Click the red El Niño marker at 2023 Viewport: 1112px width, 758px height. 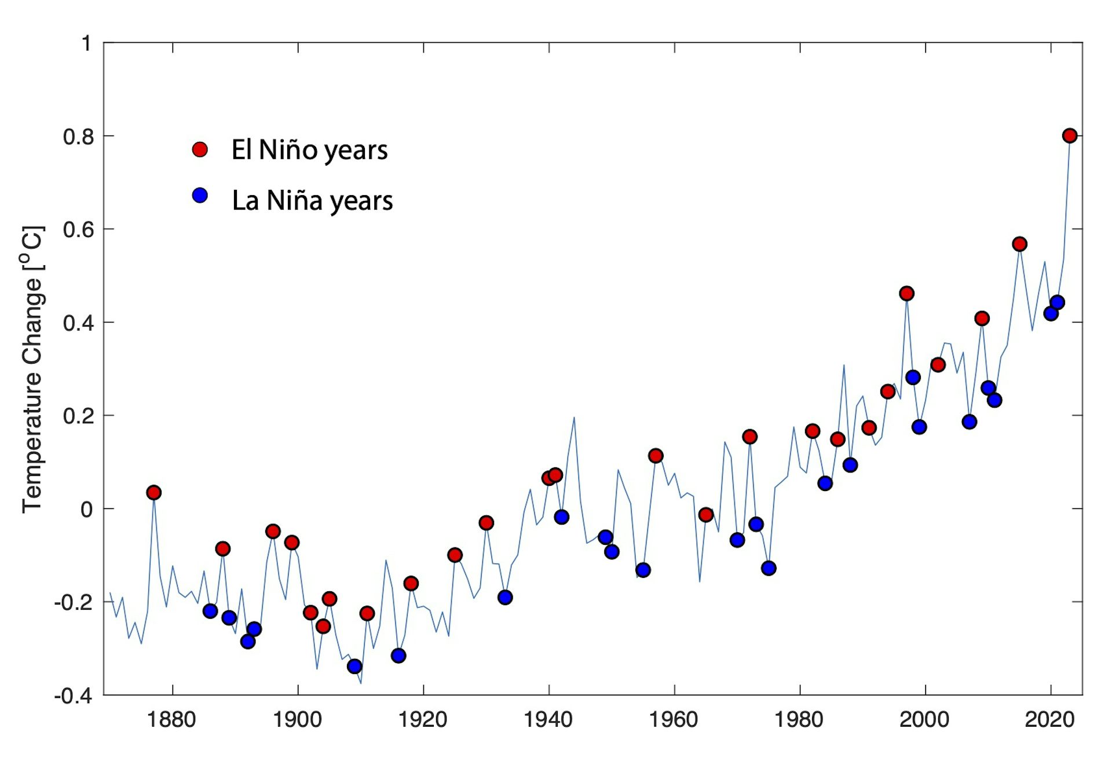pyautogui.click(x=1069, y=136)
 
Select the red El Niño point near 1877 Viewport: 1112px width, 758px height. pyautogui.click(x=153, y=493)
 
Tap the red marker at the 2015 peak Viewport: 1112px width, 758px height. pyautogui.click(x=1019, y=244)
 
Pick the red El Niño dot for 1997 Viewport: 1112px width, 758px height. pyautogui.click(x=906, y=294)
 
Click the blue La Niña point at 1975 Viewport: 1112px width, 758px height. pyautogui.click(x=769, y=568)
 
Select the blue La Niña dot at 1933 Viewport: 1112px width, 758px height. pyautogui.click(x=505, y=597)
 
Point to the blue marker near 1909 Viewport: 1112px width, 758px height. pyautogui.click(x=354, y=667)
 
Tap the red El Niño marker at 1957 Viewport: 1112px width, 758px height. pyautogui.click(x=656, y=456)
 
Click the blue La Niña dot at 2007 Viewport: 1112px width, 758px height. pyautogui.click(x=969, y=422)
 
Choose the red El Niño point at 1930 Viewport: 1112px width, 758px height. pyautogui.click(x=487, y=523)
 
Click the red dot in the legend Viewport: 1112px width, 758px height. pyautogui.click(x=200, y=149)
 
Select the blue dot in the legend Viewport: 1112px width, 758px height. pyautogui.click(x=200, y=196)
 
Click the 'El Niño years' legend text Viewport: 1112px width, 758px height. pyautogui.click(x=309, y=150)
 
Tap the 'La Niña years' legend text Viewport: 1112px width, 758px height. pyautogui.click(x=312, y=200)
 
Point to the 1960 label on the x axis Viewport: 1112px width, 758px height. pyautogui.click(x=674, y=720)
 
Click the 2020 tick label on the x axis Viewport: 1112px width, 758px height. pyautogui.click(x=1049, y=720)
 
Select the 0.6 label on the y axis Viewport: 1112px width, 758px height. pyautogui.click(x=78, y=229)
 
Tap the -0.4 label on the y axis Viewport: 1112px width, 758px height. pyautogui.click(x=74, y=695)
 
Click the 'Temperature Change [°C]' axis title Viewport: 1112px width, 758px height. pyautogui.click(x=32, y=369)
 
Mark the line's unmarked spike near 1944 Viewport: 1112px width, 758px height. pyautogui.click(x=574, y=418)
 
